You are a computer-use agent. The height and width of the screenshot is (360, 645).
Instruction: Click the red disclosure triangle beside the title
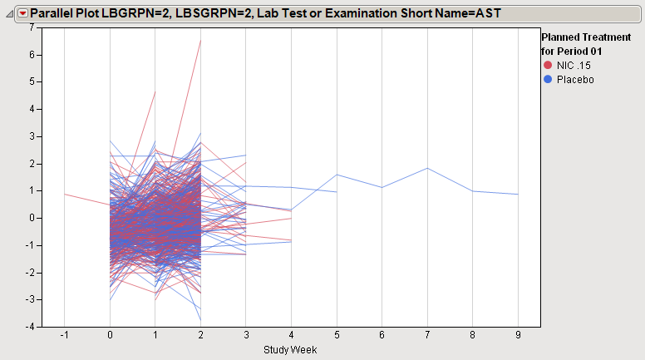pyautogui.click(x=22, y=13)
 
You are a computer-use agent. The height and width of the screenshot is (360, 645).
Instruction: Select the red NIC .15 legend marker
pyautogui.click(x=547, y=65)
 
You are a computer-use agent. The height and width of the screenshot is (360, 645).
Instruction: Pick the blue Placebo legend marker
pyautogui.click(x=547, y=79)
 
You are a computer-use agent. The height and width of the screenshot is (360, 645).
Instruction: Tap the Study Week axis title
pyautogui.click(x=290, y=350)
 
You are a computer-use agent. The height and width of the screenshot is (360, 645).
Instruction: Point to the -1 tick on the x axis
pyautogui.click(x=64, y=336)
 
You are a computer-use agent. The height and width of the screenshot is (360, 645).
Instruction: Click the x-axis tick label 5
pyautogui.click(x=337, y=336)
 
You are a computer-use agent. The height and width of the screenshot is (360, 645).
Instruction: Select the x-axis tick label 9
pyautogui.click(x=518, y=336)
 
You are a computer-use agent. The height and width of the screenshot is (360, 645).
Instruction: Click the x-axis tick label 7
pyautogui.click(x=427, y=336)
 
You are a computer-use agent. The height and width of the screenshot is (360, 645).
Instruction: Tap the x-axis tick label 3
pyautogui.click(x=246, y=336)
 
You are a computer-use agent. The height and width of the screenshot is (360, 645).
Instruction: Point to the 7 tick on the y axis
pyautogui.click(x=30, y=27)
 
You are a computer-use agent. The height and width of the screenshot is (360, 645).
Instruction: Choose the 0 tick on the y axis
pyautogui.click(x=30, y=218)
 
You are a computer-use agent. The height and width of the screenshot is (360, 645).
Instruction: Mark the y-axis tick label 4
pyautogui.click(x=30, y=109)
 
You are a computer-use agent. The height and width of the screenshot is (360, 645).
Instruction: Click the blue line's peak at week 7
pyautogui.click(x=427, y=168)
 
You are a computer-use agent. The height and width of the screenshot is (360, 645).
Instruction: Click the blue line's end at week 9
pyautogui.click(x=518, y=195)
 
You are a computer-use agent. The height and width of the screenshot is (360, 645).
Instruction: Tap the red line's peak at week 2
pyautogui.click(x=200, y=40)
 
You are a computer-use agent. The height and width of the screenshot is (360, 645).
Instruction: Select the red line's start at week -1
pyautogui.click(x=65, y=194)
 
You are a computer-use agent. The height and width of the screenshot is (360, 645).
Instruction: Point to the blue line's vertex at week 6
pyautogui.click(x=382, y=187)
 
